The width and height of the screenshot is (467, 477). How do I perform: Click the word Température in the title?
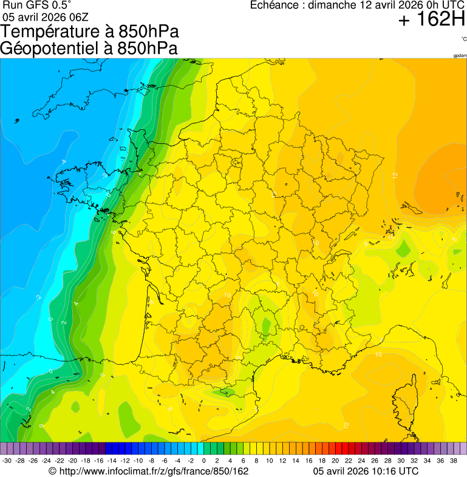[54, 32]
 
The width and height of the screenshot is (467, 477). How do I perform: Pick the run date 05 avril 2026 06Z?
[45, 16]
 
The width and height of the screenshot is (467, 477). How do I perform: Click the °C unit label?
[463, 39]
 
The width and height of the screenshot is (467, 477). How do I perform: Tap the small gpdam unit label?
[460, 56]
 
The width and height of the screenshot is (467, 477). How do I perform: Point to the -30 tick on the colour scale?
[7, 461]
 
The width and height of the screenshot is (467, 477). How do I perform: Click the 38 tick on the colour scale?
[453, 461]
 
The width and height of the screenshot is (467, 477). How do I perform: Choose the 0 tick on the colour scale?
[203, 461]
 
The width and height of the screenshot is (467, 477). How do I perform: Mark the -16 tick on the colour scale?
[98, 461]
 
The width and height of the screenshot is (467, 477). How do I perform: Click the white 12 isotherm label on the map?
[395, 175]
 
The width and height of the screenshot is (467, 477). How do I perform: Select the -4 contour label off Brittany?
[64, 161]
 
